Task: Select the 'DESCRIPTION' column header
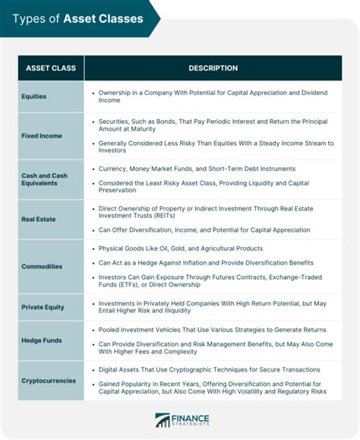[213, 68]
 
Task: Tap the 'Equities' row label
[34, 97]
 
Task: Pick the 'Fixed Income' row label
[42, 136]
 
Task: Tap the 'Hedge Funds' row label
[43, 340]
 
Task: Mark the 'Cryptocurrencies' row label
[49, 380]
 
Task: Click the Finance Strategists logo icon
[163, 420]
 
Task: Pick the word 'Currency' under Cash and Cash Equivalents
[115, 169]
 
